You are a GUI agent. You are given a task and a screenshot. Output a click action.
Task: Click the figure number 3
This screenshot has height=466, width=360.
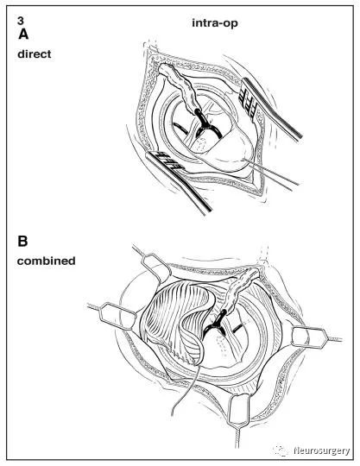click(20, 21)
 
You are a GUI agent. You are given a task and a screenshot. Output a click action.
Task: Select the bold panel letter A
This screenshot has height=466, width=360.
click(23, 35)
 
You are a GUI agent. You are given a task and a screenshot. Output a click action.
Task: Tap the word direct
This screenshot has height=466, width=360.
click(35, 54)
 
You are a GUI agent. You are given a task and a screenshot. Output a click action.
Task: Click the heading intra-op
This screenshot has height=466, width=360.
click(215, 23)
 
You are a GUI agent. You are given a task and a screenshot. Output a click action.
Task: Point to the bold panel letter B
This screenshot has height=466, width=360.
click(22, 241)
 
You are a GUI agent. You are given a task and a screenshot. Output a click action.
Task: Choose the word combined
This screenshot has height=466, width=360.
click(46, 261)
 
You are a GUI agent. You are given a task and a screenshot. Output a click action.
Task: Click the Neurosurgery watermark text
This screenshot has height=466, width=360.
click(322, 450)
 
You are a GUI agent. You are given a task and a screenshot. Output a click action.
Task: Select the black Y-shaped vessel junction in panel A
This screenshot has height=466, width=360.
click(206, 125)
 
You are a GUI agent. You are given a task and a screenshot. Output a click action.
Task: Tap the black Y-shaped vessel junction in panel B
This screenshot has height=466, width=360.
click(218, 324)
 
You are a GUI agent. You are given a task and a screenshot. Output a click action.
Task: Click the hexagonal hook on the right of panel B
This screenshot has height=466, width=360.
click(310, 337)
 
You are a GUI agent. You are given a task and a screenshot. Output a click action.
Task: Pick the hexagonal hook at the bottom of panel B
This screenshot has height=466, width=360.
click(238, 410)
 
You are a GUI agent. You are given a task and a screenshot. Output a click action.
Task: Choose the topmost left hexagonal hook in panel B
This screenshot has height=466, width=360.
click(155, 266)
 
